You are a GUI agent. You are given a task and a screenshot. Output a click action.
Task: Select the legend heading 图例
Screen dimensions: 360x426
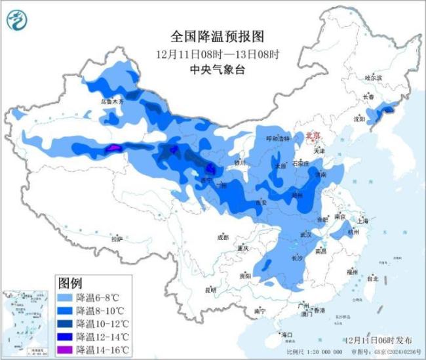69,283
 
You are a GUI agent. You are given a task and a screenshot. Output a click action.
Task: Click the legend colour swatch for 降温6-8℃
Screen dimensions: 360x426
65,297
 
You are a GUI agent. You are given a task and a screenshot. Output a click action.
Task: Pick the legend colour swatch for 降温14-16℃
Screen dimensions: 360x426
65,350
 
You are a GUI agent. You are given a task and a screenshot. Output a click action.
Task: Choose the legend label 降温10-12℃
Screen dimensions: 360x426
102,323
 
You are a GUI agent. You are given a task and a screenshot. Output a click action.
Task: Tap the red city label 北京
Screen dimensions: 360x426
314,136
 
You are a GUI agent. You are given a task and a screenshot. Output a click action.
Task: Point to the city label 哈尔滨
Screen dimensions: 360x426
373,78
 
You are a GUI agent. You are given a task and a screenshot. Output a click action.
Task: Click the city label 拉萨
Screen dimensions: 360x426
117,239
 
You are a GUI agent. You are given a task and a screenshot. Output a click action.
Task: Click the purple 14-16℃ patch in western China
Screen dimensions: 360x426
114,149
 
